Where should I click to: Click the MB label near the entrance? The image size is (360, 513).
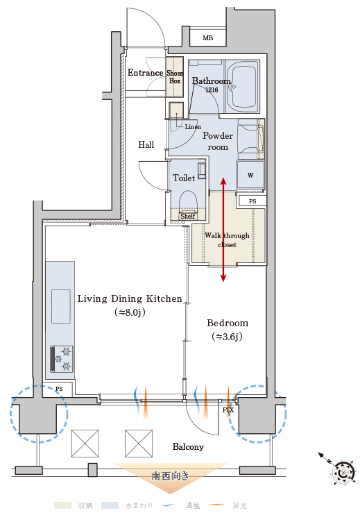(x=207, y=38)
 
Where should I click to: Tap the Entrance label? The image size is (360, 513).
(x=145, y=72)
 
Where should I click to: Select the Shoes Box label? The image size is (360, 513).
(x=175, y=77)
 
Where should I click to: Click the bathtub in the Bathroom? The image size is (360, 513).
(x=242, y=86)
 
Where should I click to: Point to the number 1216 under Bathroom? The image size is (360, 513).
(x=212, y=90)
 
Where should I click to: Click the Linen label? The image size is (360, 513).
(x=193, y=126)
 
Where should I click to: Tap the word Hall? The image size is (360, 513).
(x=146, y=144)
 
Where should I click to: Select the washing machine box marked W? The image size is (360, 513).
(x=250, y=176)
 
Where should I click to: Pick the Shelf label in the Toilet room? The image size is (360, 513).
(x=188, y=216)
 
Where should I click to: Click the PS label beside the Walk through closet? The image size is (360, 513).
(x=252, y=201)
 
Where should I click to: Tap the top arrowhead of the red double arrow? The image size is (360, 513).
(x=223, y=182)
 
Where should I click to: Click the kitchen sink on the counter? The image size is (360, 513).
(x=61, y=307)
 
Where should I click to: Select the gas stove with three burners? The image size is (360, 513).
(x=62, y=359)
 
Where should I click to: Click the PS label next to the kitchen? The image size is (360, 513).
(x=59, y=389)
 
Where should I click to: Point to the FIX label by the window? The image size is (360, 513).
(x=228, y=410)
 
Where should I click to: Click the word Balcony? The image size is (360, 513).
(x=188, y=446)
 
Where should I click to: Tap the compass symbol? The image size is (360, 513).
(x=343, y=472)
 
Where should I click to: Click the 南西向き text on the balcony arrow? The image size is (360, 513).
(x=170, y=476)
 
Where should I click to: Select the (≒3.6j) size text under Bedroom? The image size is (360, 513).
(x=228, y=336)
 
